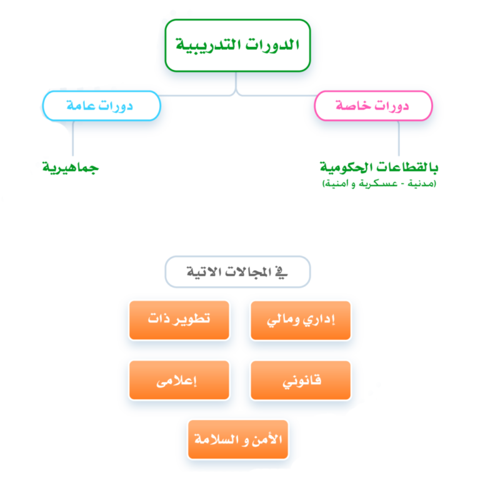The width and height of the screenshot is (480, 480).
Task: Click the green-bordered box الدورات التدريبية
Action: tap(237, 45)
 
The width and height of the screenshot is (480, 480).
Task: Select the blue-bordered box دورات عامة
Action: tap(101, 106)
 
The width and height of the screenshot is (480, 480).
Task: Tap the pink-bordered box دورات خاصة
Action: tap(373, 106)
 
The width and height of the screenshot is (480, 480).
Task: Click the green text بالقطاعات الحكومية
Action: tap(379, 167)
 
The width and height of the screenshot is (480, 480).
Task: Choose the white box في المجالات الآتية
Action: tap(237, 272)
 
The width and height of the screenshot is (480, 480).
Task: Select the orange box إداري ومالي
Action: tap(301, 320)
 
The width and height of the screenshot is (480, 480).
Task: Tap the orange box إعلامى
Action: tap(179, 379)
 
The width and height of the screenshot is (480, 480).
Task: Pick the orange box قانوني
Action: tap(301, 379)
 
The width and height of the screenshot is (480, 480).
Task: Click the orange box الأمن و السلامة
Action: tap(238, 439)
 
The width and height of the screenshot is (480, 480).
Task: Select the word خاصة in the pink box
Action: tap(354, 106)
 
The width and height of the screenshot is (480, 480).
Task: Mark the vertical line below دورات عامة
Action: tap(73, 139)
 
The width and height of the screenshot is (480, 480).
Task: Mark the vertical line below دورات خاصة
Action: tap(398, 139)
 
